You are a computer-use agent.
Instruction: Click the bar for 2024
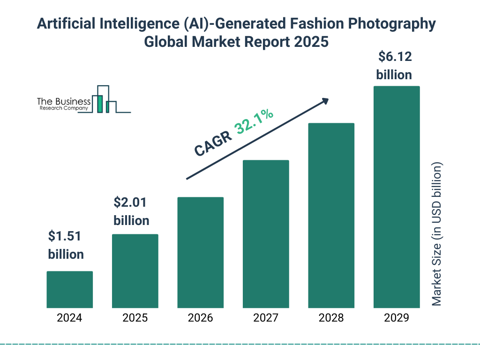coord(69,289)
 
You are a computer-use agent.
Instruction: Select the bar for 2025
coord(135,271)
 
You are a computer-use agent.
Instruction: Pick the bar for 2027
coord(266,234)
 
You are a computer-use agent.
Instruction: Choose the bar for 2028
coord(331,216)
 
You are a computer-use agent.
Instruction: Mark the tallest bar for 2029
coord(397,197)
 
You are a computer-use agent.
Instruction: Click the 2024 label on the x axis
coord(69,318)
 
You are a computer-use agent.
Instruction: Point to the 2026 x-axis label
coord(200,318)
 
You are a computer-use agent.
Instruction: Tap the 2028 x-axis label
coord(331,318)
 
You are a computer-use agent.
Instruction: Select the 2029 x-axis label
coord(397,318)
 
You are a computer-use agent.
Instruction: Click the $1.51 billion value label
coord(66,245)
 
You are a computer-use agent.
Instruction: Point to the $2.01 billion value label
coord(131,211)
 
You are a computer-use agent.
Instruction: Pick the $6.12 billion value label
coord(394,66)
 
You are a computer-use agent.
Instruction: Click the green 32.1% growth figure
coord(255,121)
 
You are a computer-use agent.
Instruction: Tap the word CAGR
coord(213,144)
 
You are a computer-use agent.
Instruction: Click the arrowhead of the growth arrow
coord(325,101)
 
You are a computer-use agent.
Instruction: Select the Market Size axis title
coord(437,234)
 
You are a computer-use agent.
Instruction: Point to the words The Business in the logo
coord(64,101)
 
